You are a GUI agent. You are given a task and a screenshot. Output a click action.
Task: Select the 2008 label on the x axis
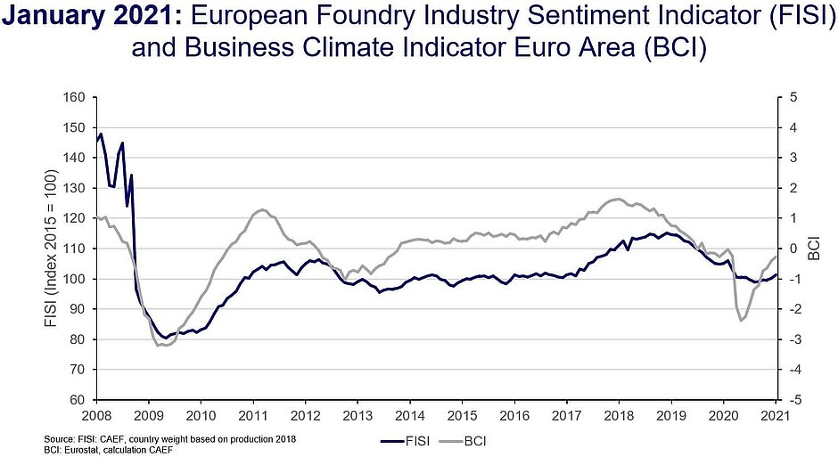tap(96, 416)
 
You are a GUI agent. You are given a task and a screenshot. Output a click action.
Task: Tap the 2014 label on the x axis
tap(410, 416)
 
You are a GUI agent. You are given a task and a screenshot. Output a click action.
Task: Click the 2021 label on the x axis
tap(776, 416)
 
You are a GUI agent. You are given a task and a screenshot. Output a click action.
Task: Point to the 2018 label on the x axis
tap(620, 416)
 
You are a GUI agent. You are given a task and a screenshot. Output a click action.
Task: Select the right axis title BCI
tap(815, 249)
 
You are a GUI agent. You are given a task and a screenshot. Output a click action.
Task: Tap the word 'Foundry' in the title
tap(374, 16)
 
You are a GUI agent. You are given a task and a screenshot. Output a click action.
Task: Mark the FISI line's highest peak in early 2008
tap(102, 134)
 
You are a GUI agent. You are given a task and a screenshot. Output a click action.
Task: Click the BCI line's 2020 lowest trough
tap(741, 321)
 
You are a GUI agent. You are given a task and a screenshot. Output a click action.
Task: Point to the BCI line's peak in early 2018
tap(617, 199)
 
